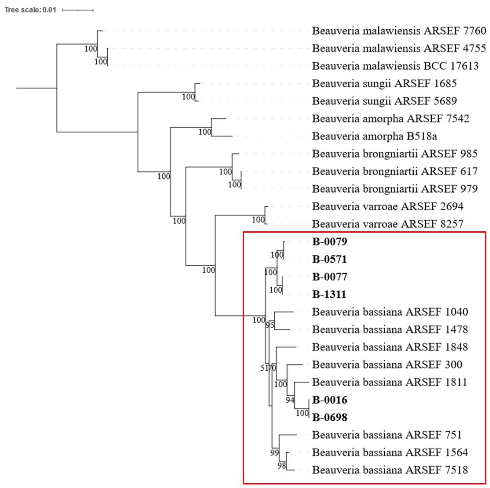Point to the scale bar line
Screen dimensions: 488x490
[78, 10]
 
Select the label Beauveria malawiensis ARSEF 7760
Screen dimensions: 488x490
[399, 31]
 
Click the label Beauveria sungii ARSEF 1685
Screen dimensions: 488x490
[384, 84]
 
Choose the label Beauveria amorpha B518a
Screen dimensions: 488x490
[374, 136]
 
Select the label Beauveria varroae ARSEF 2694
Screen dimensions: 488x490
[388, 206]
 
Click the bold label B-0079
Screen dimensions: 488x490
[329, 242]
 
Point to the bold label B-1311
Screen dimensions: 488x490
[329, 294]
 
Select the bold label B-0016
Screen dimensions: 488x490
[329, 400]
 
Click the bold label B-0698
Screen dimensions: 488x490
[329, 418]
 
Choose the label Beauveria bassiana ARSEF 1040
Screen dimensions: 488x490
[390, 312]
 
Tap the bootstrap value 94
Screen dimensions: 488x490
[290, 400]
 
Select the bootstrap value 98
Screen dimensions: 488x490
[282, 465]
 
